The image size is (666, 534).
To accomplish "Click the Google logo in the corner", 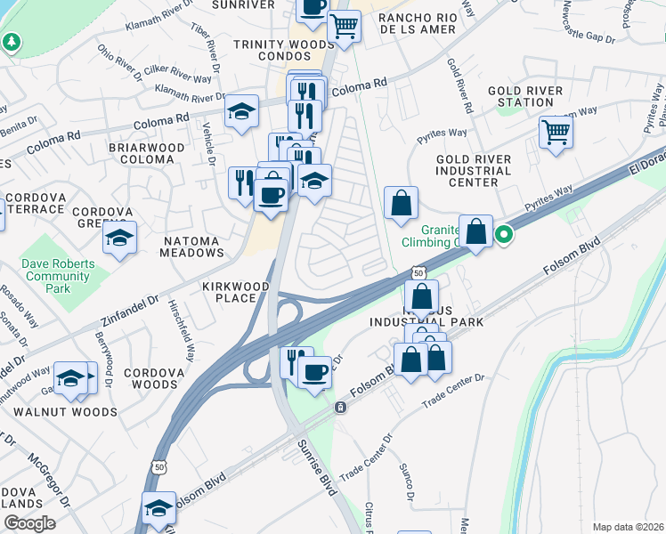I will (x=28, y=523).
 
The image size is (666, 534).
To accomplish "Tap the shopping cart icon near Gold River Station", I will (x=556, y=133).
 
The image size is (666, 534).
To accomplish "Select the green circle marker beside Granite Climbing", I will (x=504, y=236).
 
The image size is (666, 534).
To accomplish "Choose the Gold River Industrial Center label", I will (x=473, y=170).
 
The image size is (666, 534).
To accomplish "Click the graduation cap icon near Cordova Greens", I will (x=119, y=238).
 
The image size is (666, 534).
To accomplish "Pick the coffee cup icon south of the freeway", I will (x=313, y=371).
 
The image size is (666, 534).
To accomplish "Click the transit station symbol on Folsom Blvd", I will (x=340, y=407).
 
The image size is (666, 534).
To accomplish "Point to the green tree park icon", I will (x=11, y=42).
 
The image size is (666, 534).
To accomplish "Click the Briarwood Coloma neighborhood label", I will (x=147, y=153).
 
